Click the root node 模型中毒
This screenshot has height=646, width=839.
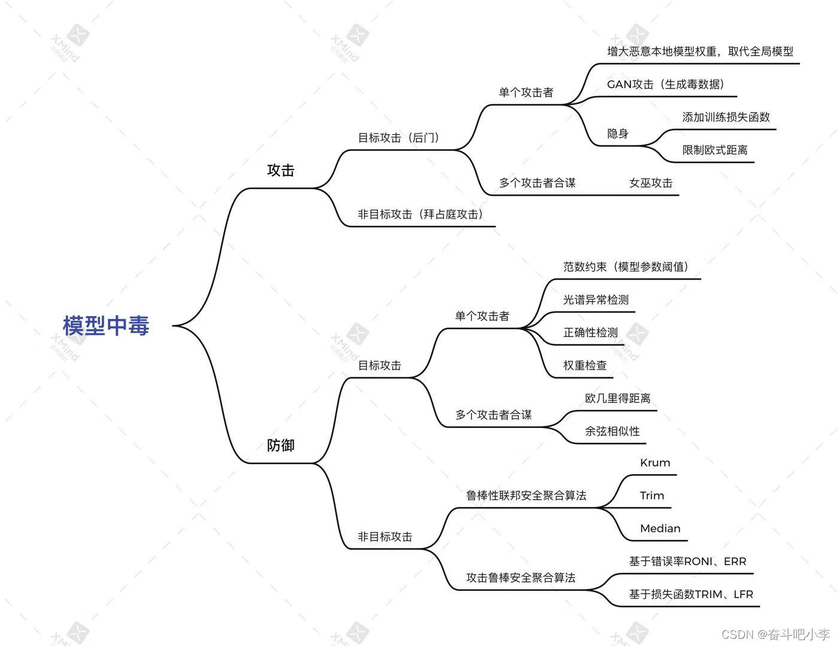[x=106, y=326]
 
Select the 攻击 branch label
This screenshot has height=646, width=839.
[x=281, y=171]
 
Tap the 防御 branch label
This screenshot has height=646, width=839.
[x=281, y=445]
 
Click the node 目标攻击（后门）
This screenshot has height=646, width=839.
[x=399, y=138]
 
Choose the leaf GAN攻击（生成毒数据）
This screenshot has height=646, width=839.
[x=666, y=84]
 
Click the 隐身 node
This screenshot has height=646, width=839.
[x=618, y=134]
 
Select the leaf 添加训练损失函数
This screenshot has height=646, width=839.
[x=726, y=117]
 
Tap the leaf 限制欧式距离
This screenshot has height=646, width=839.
[x=715, y=150]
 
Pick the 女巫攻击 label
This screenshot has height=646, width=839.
[x=651, y=183]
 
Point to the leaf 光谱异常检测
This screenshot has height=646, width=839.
[x=596, y=300]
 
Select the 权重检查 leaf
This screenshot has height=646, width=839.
[x=585, y=365]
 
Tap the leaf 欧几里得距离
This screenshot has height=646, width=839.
[x=617, y=398]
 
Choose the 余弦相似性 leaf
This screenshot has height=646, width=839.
[x=612, y=431]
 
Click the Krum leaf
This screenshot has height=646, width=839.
[x=655, y=463]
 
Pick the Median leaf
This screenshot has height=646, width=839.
[x=660, y=529]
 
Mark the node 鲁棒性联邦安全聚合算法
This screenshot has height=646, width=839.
[x=526, y=496]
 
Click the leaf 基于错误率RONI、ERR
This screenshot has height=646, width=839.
[x=687, y=562]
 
